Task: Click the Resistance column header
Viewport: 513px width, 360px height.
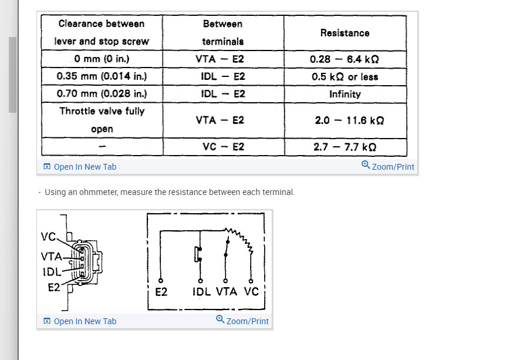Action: point(345,33)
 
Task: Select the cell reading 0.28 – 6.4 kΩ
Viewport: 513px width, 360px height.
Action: point(345,59)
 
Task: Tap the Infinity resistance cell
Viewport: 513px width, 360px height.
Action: point(345,94)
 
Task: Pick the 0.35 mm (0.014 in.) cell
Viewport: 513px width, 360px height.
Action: point(102,76)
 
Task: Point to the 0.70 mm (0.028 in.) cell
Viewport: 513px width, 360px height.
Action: point(102,94)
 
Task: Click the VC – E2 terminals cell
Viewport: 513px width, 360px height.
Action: point(223,147)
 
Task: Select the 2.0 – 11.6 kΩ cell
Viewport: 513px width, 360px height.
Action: point(346,120)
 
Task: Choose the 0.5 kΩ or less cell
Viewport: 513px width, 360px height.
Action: point(345,77)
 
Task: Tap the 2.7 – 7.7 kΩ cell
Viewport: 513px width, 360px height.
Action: point(346,147)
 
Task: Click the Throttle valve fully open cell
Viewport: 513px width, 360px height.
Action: point(102,120)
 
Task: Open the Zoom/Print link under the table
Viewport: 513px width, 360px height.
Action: point(388,166)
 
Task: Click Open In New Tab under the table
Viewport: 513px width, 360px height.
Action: point(80,167)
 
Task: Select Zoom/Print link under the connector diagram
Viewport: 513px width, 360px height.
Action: point(242,321)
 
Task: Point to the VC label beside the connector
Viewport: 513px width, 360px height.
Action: point(48,237)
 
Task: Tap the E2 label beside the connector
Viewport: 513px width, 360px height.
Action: point(54,287)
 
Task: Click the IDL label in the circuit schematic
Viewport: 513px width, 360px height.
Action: point(201,292)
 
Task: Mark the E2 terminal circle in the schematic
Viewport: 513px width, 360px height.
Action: point(161,281)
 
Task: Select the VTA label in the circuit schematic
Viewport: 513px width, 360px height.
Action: point(227,291)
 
